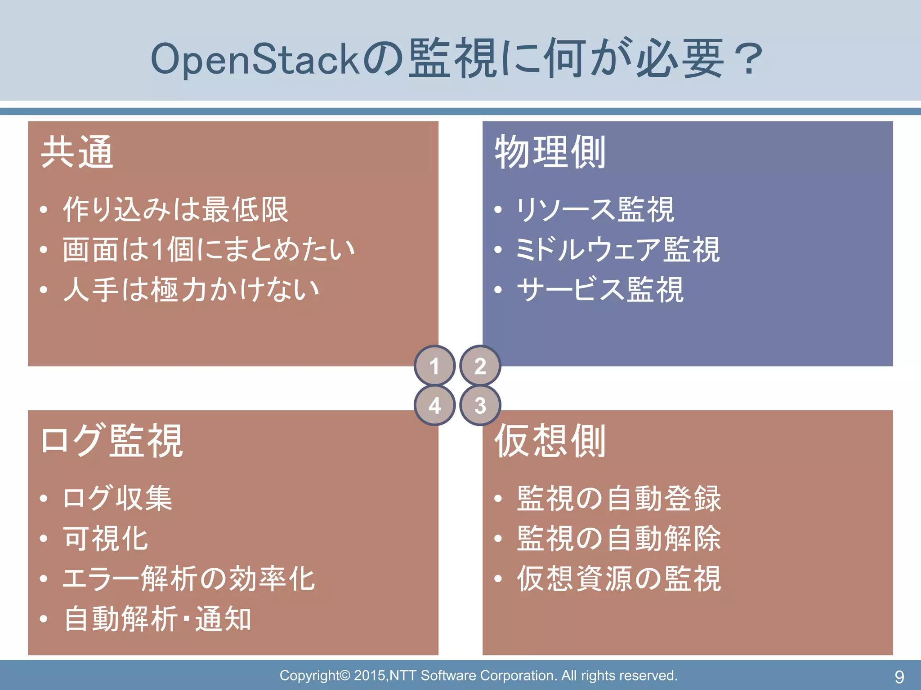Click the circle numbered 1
(434, 366)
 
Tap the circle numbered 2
(480, 366)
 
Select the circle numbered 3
(480, 405)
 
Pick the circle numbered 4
(434, 405)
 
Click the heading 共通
(77, 152)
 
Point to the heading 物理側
(550, 152)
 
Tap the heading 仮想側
(550, 441)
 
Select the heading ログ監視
(112, 441)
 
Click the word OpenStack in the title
(255, 59)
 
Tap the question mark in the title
(747, 59)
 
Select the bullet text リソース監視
(595, 210)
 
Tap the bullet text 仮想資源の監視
(619, 579)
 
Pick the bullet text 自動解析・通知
(157, 619)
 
